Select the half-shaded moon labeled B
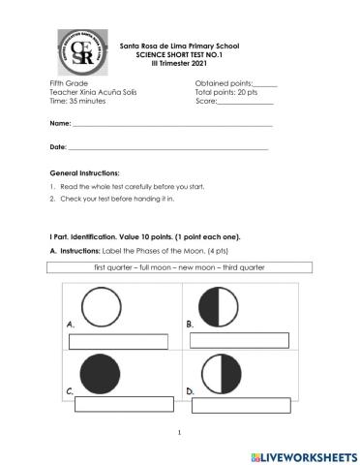tap(226, 308)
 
